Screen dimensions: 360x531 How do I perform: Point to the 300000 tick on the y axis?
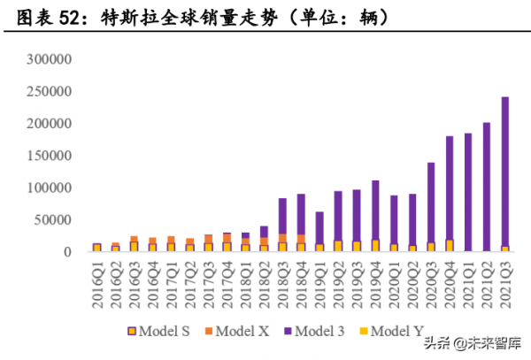point(45,60)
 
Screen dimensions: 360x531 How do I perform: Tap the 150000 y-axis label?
point(45,156)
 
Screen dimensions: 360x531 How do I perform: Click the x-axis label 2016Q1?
point(97,280)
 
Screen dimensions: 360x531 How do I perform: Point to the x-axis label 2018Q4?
point(302,280)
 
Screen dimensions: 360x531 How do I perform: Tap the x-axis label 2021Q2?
point(488,280)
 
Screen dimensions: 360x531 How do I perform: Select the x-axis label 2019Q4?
point(376,280)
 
